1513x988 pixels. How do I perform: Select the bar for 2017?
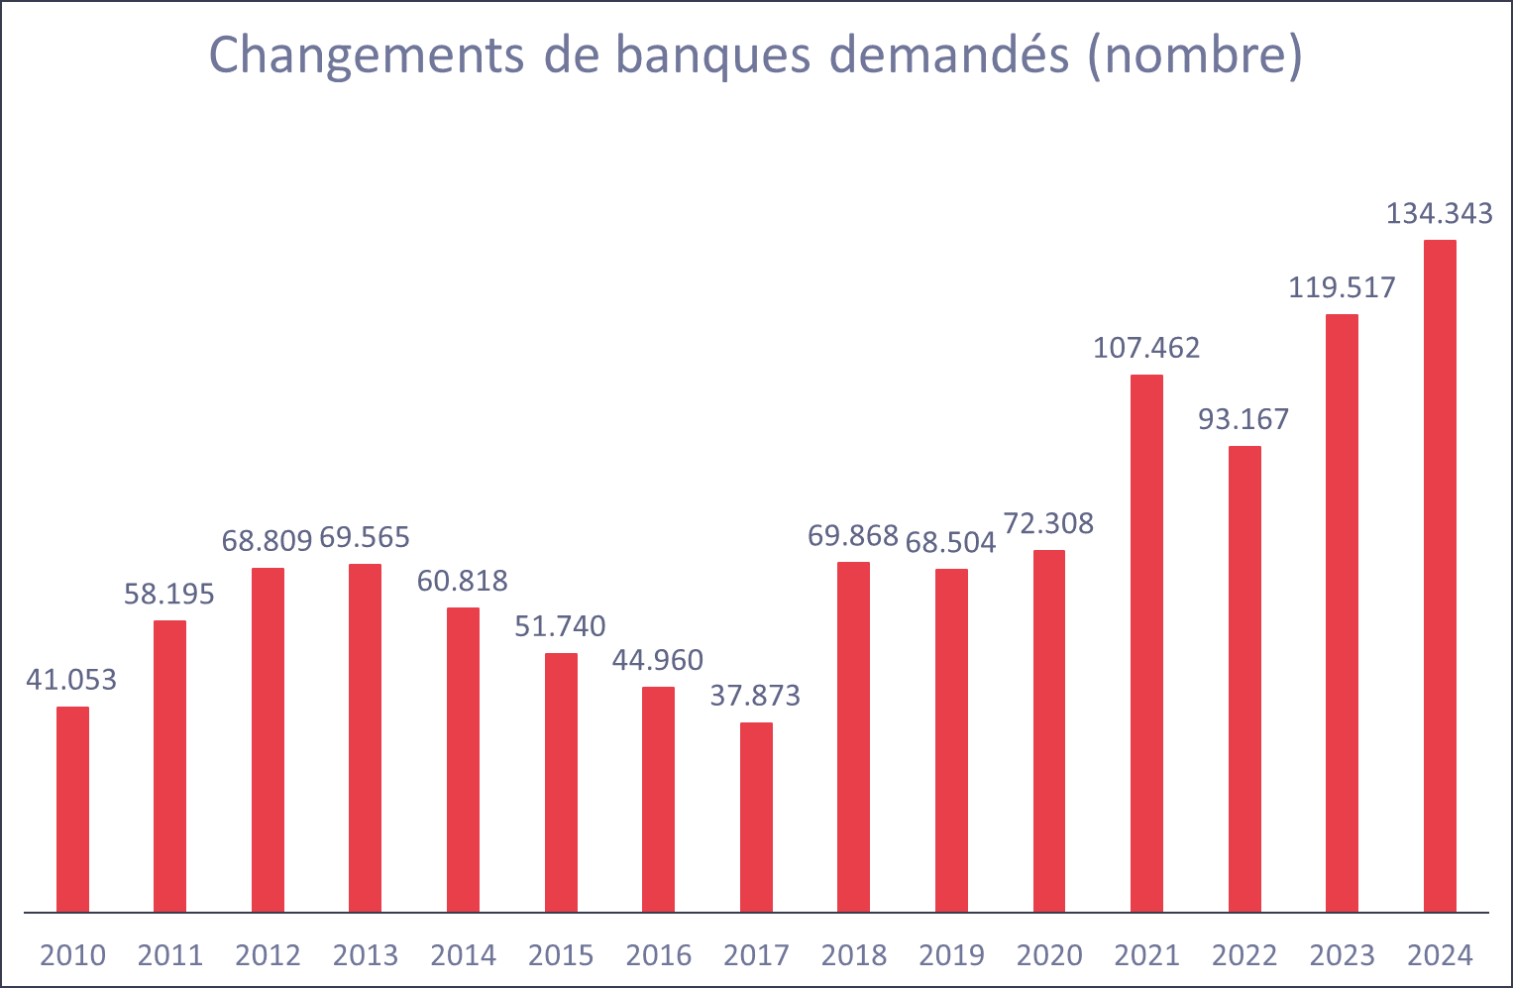click(x=756, y=817)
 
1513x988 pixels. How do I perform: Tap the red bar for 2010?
click(x=72, y=809)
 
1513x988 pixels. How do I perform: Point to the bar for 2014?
click(x=463, y=759)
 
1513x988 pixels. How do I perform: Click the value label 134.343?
click(x=1439, y=214)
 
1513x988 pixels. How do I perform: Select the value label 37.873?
click(x=755, y=696)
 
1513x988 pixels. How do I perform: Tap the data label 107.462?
click(x=1146, y=348)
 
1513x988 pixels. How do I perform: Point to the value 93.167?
click(x=1243, y=419)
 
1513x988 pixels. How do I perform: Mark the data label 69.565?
click(x=365, y=537)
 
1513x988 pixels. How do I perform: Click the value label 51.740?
click(x=560, y=626)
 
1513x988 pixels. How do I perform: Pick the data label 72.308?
click(x=1048, y=523)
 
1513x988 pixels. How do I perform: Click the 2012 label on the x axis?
click(x=268, y=955)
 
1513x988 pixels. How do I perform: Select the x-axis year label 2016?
click(x=659, y=955)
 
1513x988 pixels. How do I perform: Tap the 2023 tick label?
click(x=1342, y=955)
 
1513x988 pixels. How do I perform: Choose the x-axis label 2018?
click(x=854, y=955)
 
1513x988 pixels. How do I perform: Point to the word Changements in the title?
click(x=367, y=55)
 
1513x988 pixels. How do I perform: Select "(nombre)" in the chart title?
click(x=1194, y=55)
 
